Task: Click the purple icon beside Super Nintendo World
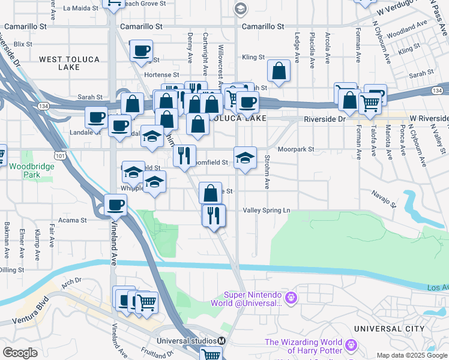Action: pos(292,296)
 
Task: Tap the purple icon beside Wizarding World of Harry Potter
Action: pos(352,346)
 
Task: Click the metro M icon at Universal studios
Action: pos(221,341)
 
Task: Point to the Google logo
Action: pos(20,353)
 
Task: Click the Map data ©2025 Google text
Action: pos(412,355)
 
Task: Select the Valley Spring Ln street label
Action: pos(267,211)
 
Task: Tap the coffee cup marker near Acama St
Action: pos(116,205)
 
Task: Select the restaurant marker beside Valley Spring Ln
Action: pos(214,216)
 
